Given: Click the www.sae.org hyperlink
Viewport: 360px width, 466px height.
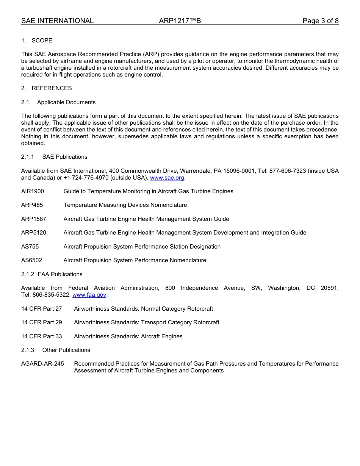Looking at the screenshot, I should pos(167,178).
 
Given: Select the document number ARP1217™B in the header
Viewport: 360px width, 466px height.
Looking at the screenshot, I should pos(180,21).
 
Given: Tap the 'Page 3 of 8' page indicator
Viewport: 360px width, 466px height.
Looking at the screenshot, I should pos(320,21).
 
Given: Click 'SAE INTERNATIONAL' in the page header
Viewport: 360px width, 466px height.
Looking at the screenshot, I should pos(57,21).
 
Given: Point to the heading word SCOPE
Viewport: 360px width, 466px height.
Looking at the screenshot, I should pos(42,41).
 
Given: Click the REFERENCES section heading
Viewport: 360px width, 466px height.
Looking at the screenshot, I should pos(52,88).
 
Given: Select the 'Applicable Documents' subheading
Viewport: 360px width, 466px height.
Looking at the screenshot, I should pos(66,102).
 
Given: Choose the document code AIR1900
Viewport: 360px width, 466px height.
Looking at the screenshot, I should pos(33,191).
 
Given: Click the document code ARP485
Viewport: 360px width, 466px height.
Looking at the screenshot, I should pos(32,205).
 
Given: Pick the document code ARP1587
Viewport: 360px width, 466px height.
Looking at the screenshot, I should pos(34,219).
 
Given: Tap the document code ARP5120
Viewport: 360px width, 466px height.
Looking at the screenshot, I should pos(34,233).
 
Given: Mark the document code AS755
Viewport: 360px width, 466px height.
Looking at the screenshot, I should pos(30,247).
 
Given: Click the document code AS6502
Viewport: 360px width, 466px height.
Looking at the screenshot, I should pos(31,260).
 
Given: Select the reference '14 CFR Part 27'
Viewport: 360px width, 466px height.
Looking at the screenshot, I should pos(41,309).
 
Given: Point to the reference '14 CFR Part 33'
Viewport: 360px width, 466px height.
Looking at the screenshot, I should pos(41,336).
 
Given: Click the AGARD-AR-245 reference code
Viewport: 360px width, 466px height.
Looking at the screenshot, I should pos(42,364).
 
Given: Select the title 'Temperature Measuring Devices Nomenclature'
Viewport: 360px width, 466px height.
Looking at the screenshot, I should pos(125,205).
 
